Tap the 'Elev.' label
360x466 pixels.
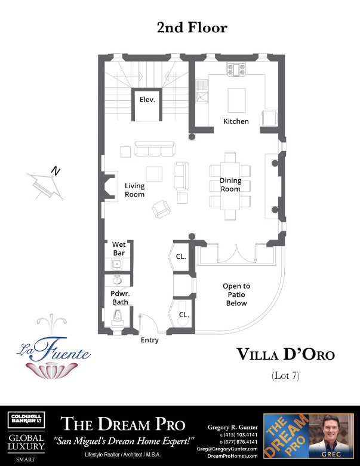pos(147,100)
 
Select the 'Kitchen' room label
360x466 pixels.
pos(236,121)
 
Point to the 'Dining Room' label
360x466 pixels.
pos(230,185)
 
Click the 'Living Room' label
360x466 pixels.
pos(134,190)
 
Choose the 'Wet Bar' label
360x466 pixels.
pos(118,249)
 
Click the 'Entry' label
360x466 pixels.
pos(150,340)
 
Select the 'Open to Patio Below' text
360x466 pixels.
pos(236,295)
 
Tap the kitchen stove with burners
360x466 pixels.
pos(235,70)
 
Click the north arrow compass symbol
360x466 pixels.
pos(45,182)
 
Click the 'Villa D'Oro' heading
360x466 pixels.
pos(285,354)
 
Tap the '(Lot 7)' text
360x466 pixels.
pos(285,376)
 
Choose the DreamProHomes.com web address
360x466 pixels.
pos(232,455)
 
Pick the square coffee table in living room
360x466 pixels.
pos(154,174)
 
